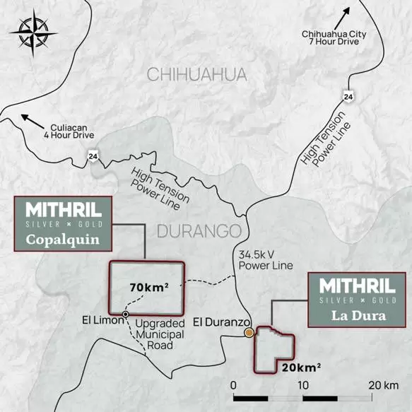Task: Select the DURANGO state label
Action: [x=199, y=231]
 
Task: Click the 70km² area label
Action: [x=149, y=288]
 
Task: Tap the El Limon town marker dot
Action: [x=126, y=314]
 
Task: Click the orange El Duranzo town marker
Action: [x=248, y=333]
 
